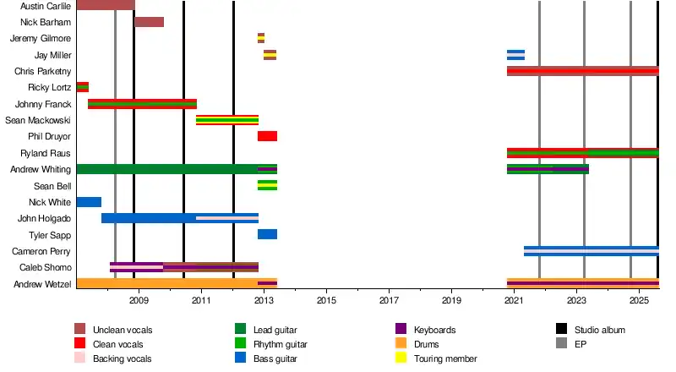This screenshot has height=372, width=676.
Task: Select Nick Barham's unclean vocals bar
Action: point(149,22)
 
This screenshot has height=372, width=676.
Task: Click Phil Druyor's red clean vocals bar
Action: point(267,136)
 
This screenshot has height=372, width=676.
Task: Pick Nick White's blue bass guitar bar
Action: point(89,202)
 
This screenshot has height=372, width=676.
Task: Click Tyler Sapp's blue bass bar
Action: point(267,234)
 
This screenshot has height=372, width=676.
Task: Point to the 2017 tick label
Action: point(389,300)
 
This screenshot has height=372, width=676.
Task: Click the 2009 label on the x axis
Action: point(139,300)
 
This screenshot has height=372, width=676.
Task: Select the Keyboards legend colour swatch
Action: point(401,329)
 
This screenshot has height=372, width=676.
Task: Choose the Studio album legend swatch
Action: point(561,329)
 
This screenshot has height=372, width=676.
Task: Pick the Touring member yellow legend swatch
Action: point(401,358)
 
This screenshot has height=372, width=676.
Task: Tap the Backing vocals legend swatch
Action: point(80,358)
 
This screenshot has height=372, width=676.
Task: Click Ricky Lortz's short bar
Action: point(82,87)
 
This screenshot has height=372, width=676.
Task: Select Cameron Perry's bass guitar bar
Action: point(591,251)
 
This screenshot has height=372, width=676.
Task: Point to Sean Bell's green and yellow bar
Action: point(267,185)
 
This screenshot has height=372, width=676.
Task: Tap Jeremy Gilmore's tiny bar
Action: point(261,38)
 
